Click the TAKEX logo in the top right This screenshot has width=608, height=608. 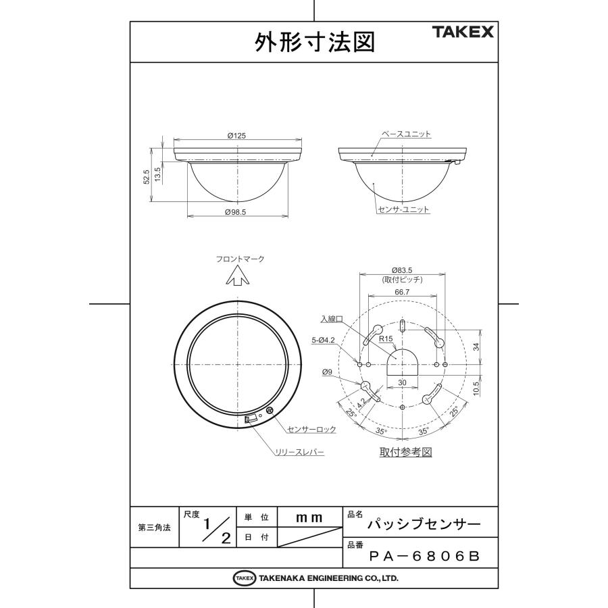point(463,32)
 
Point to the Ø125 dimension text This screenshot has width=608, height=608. point(236,136)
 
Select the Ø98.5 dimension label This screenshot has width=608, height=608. point(236,212)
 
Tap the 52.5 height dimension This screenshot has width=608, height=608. point(146,176)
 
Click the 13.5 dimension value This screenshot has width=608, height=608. point(157,173)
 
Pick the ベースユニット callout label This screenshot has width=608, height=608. point(406,134)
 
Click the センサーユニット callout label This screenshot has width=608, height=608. point(404,210)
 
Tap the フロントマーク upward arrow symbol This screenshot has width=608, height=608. point(236,276)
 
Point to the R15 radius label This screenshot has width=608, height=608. point(386,339)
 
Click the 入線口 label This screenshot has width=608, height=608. point(332,318)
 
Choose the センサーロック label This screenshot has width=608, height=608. point(311,429)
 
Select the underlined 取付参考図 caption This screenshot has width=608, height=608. point(405,451)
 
